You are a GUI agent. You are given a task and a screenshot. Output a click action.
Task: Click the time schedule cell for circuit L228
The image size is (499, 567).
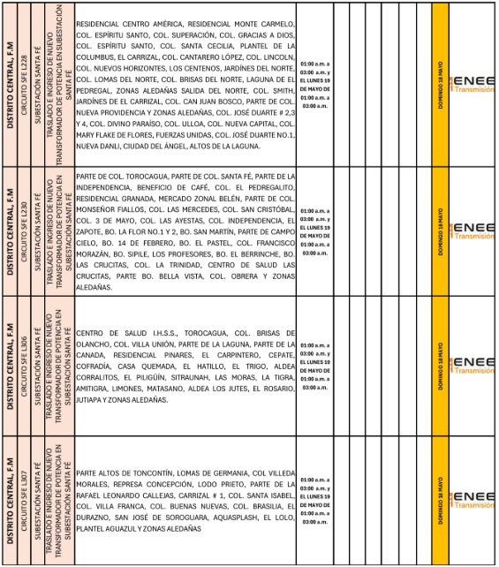(315, 84)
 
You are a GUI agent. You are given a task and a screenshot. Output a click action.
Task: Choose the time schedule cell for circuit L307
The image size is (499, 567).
(315, 500)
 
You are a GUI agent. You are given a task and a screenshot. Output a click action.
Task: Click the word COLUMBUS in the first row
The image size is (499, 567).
(99, 64)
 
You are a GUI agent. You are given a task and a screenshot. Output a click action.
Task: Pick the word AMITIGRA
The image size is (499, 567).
(96, 388)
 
